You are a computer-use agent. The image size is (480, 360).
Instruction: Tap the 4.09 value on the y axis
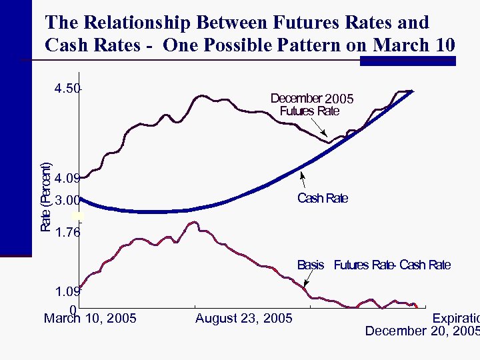tap(67, 179)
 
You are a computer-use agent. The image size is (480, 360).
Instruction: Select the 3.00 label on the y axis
tap(67, 200)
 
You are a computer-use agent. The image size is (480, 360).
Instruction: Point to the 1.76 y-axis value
tap(68, 233)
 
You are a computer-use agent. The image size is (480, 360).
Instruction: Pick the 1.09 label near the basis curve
tap(67, 292)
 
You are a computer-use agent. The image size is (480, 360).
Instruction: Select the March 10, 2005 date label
tap(90, 319)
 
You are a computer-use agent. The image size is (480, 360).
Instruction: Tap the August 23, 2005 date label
tap(243, 319)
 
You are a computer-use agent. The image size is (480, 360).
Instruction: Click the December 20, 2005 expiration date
tap(422, 331)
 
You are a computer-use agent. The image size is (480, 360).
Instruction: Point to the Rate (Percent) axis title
tap(46, 197)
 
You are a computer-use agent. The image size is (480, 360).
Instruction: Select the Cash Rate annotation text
tap(322, 198)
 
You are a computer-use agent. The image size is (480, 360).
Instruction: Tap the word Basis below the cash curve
tap(311, 265)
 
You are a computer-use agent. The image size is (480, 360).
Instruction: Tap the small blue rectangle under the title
tap(407, 61)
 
